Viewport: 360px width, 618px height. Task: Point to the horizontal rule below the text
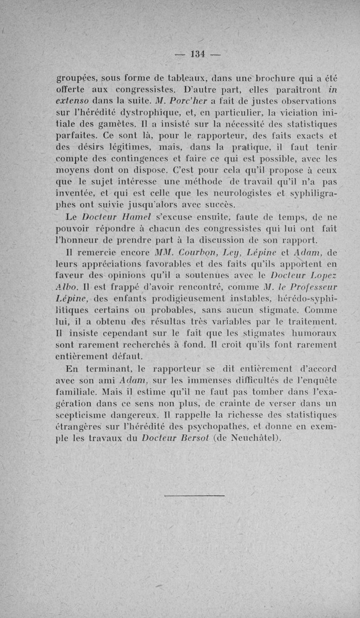point(194,496)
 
